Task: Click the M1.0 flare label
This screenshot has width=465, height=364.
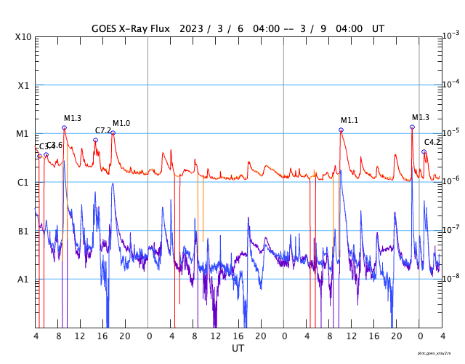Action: coord(121,124)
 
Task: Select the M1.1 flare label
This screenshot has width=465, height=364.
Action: coord(349,121)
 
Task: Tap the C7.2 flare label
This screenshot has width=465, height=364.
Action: coord(103,131)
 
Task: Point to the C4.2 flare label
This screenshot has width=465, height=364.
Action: coord(432,142)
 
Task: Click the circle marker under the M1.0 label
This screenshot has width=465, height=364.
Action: coord(113,132)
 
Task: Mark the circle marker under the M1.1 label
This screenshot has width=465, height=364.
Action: coord(341,130)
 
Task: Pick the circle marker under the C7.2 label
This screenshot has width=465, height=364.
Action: coord(95,140)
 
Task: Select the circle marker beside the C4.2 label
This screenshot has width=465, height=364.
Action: coord(424,151)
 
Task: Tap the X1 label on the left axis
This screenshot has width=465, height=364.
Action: coord(23,85)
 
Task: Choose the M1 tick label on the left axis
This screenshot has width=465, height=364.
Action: coord(23,134)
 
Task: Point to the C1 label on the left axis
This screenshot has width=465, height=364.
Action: coord(23,182)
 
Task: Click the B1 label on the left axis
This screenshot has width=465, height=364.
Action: coord(23,231)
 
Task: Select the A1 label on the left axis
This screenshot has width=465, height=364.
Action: coord(23,279)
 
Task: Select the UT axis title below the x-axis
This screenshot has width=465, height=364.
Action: coord(238,349)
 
